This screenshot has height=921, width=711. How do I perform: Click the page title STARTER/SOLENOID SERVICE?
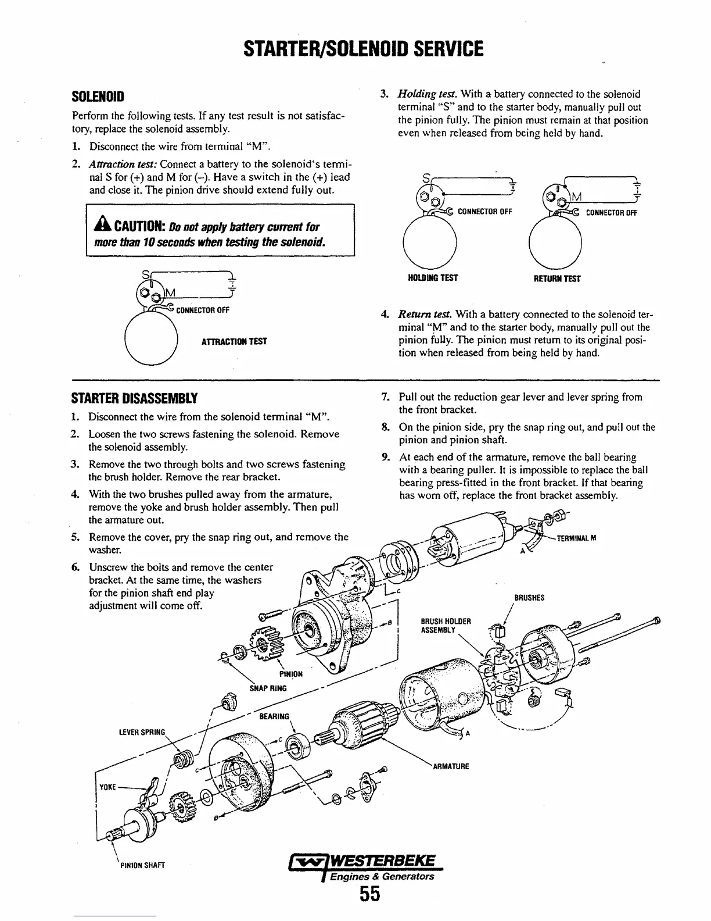(355, 48)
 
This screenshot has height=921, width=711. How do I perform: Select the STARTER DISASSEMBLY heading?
(134, 399)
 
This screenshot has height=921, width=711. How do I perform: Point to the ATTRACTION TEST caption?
(234, 341)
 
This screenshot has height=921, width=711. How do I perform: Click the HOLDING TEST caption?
(433, 278)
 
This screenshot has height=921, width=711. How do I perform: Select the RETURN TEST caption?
(557, 279)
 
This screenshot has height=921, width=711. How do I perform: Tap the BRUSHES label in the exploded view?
(529, 598)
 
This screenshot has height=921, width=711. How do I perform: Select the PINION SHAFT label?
(142, 865)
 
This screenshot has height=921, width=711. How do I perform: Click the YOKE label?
(109, 787)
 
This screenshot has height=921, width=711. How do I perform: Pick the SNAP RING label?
(268, 688)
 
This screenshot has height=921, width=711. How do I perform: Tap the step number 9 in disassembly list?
(385, 457)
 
